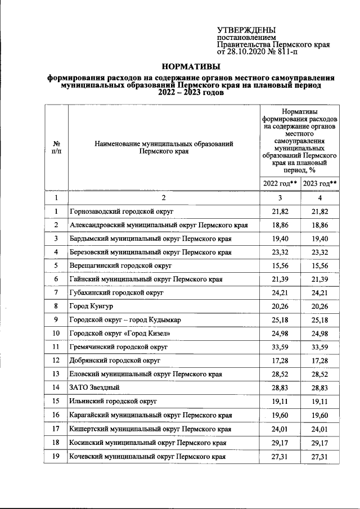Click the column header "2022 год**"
tap(280, 183)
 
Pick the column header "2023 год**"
tap(320, 183)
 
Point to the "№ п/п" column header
tap(56, 147)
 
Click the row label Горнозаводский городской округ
tap(121, 211)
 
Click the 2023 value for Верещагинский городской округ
tap(320, 265)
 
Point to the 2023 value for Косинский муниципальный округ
tap(320, 443)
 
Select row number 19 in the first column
tap(56, 456)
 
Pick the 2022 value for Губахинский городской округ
tap(280, 293)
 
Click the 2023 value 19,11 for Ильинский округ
tap(320, 402)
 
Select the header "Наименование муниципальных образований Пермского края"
tap(164, 147)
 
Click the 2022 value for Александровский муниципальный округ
tap(280, 225)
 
